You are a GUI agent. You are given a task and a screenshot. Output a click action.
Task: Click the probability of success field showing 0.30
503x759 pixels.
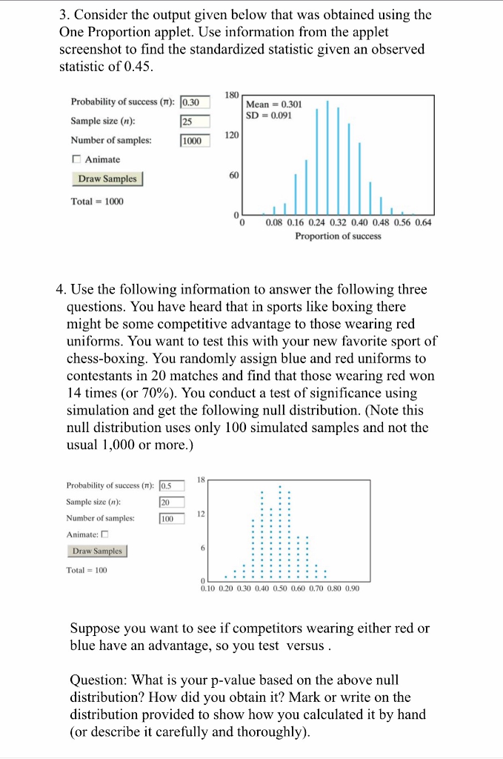point(196,102)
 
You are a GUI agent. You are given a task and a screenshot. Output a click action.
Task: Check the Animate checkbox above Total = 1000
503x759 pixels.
point(76,159)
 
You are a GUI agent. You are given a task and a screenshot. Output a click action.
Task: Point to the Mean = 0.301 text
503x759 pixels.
point(273,105)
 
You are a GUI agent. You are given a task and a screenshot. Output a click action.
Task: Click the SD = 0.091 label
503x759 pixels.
point(269,116)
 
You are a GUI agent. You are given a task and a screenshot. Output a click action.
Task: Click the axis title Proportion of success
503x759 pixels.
point(338,236)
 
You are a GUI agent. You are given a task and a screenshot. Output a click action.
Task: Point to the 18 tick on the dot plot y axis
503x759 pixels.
point(201,480)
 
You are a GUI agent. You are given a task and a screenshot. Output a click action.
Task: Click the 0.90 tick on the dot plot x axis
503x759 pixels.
point(352,589)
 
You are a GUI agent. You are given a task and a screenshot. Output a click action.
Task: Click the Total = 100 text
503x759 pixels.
point(87,570)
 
